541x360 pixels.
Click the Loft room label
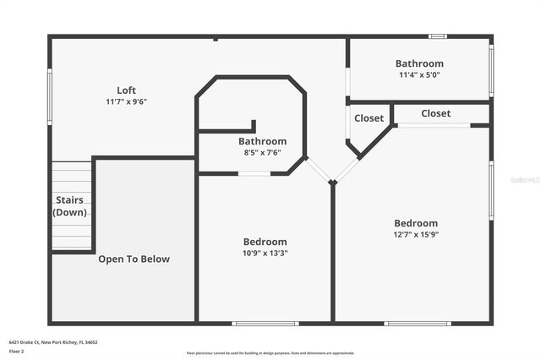(126, 90)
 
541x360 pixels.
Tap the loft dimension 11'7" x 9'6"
(126, 101)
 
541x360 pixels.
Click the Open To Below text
(134, 259)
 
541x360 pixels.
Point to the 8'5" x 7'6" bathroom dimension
(262, 153)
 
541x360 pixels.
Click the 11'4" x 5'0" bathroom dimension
(419, 74)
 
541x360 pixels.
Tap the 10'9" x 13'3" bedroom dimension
(265, 253)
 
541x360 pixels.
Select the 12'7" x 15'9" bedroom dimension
(416, 234)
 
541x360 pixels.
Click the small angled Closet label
(369, 118)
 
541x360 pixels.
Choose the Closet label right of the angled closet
(435, 113)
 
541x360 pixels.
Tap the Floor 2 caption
(17, 351)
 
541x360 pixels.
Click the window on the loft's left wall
(50, 97)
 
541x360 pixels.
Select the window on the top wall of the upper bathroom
(437, 36)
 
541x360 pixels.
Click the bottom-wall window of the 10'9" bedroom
(265, 323)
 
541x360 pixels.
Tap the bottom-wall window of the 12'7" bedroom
(417, 323)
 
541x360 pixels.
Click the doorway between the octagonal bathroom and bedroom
(254, 174)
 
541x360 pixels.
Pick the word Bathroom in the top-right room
(419, 63)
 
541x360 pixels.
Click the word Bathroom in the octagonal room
(262, 141)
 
